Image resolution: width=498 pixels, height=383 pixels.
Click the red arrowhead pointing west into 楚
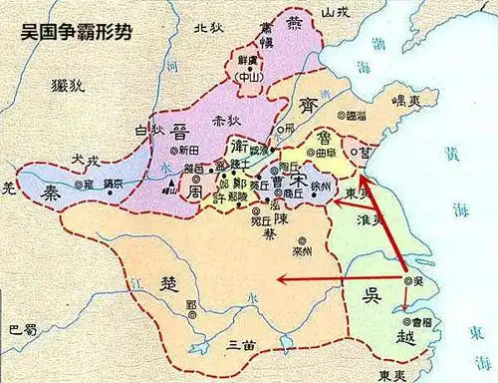pyautogui.click(x=282, y=279)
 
